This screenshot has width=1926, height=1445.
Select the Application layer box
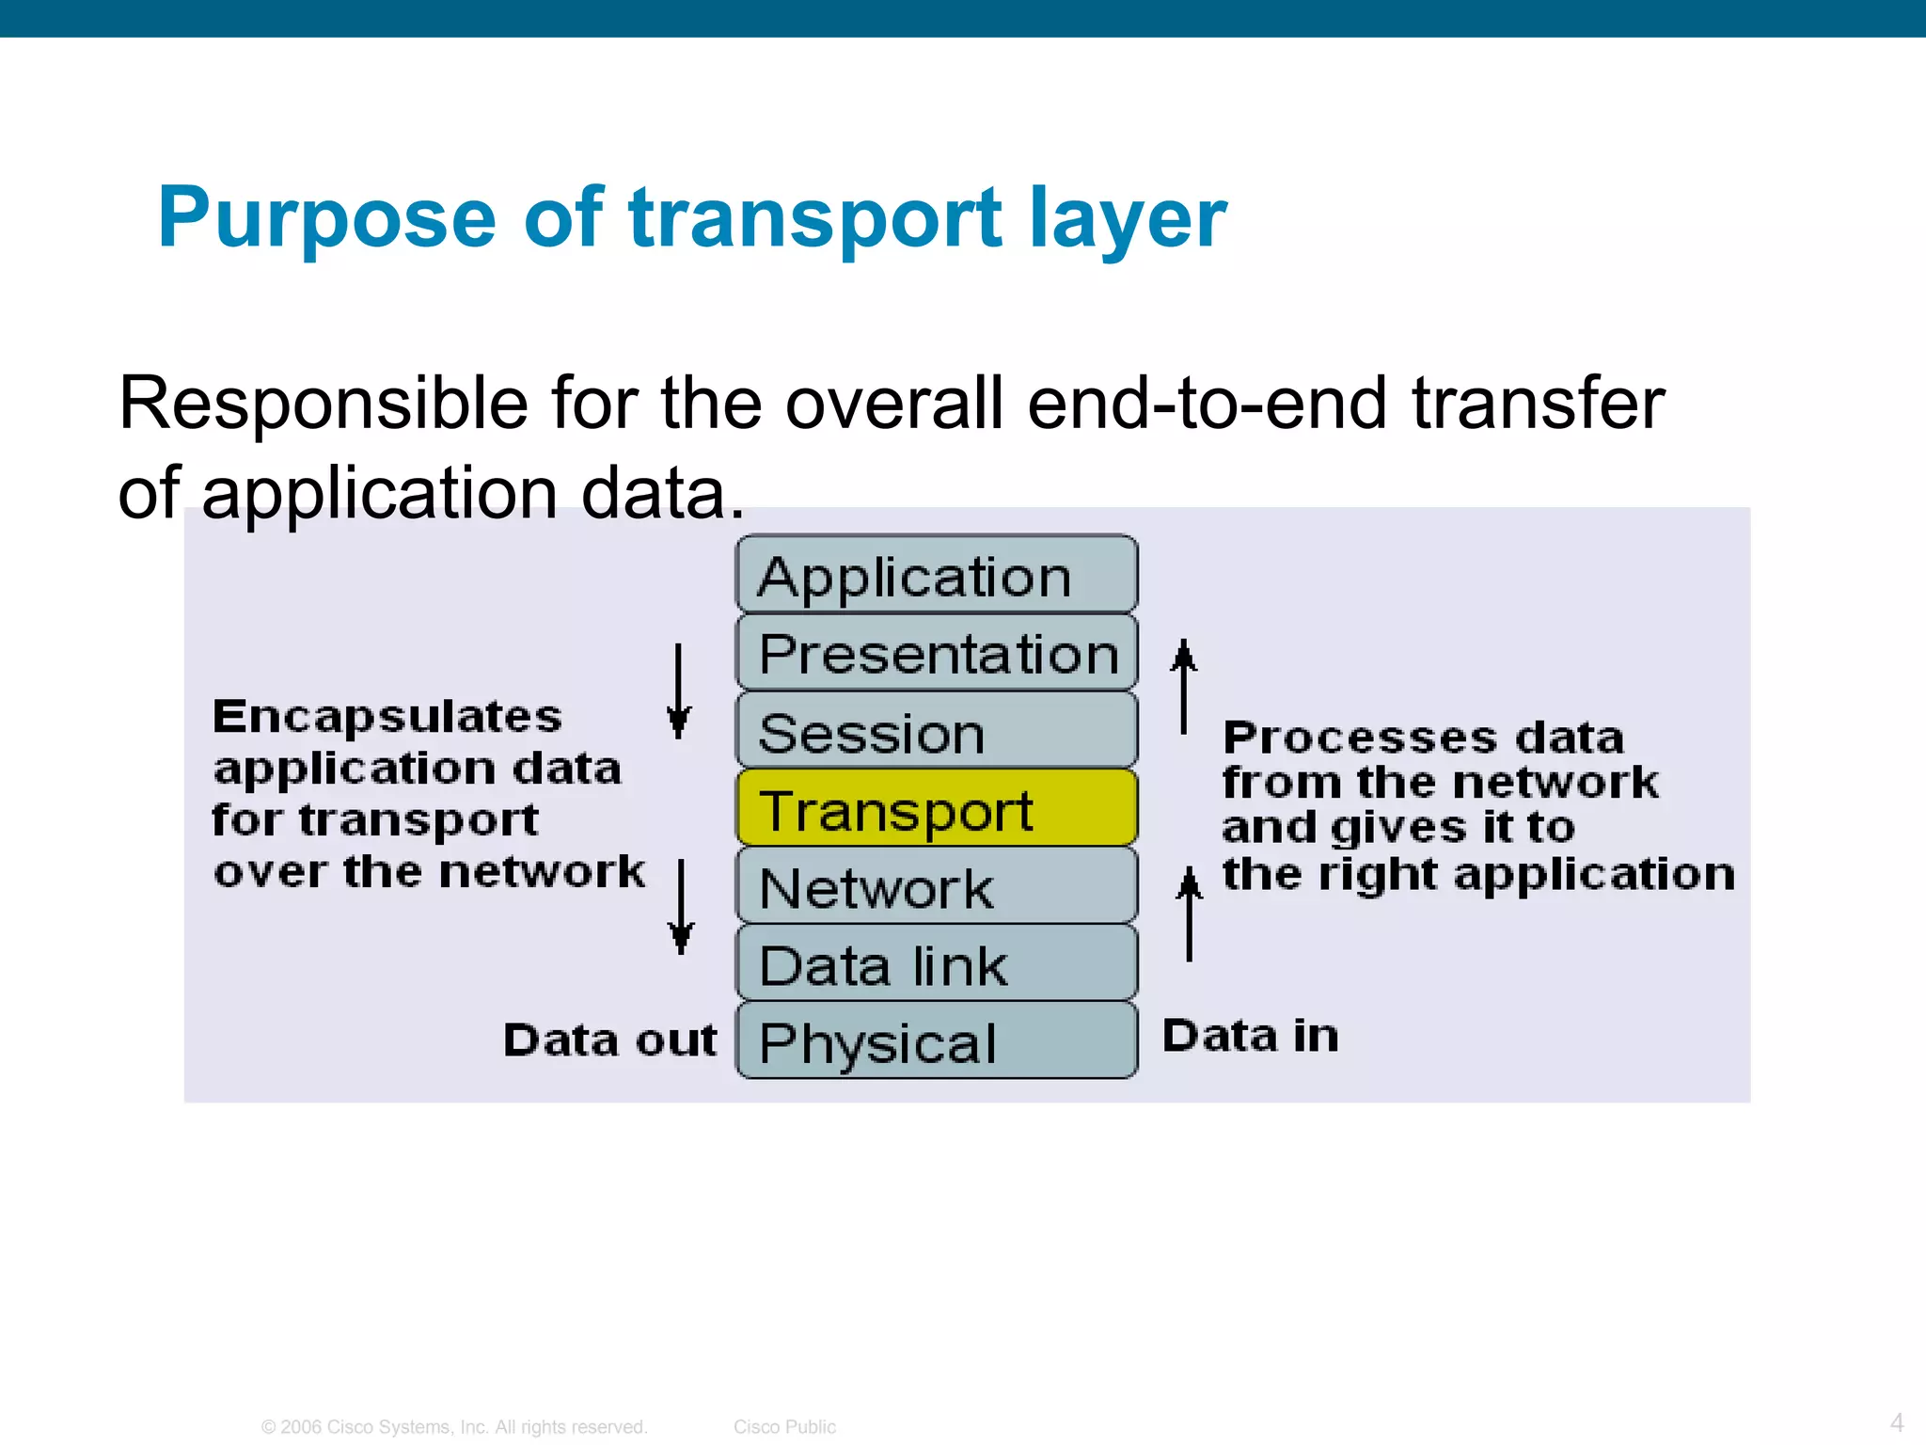click(x=937, y=576)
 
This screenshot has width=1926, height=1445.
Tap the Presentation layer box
click(x=937, y=654)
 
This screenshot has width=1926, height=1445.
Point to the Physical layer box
click(x=937, y=1041)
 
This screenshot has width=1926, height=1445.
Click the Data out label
click(x=609, y=1040)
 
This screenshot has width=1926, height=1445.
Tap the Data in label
click(x=1250, y=1035)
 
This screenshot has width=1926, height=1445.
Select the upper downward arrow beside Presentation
click(x=678, y=691)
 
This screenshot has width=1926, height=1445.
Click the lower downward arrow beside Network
click(x=681, y=906)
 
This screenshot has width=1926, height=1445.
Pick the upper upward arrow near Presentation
click(x=1184, y=687)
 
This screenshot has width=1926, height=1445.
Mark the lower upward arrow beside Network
click(x=1190, y=913)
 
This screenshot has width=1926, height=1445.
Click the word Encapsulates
click(x=387, y=717)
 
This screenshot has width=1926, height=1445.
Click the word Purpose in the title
click(x=326, y=219)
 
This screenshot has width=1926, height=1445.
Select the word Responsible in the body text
click(x=324, y=404)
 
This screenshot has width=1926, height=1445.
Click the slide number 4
click(x=1897, y=1421)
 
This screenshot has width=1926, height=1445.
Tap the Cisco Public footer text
click(x=784, y=1426)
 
